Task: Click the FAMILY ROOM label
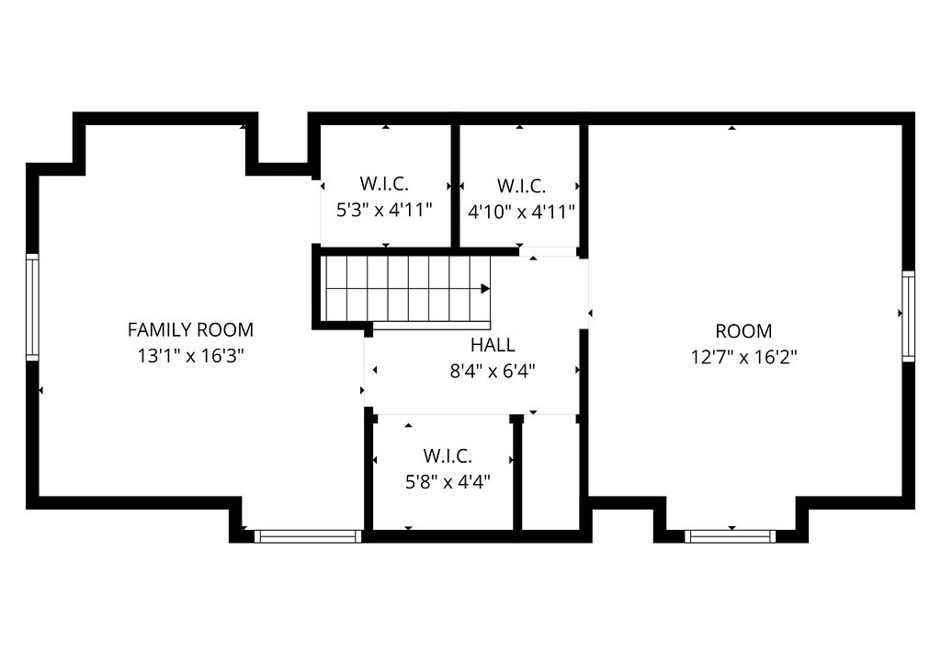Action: coord(190,329)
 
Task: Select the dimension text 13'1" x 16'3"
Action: coord(190,356)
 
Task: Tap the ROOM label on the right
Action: coord(743,331)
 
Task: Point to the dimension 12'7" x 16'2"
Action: coord(743,357)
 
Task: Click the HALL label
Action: coord(493,346)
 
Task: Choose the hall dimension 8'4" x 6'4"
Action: coord(493,372)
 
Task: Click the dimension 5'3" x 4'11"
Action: coord(383,209)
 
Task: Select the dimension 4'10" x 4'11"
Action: coord(521,212)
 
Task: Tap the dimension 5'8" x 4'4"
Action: coord(448,481)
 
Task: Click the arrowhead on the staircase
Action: coord(485,288)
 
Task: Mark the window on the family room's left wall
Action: coord(32,306)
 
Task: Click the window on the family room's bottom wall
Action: coord(307,535)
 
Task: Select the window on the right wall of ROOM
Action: coord(908,316)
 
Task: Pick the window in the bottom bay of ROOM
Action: coord(731,535)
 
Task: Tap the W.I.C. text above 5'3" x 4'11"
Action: coord(383,182)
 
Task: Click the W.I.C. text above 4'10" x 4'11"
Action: coord(521,185)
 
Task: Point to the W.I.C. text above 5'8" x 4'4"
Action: coord(448,455)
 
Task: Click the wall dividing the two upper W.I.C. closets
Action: coord(455,184)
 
